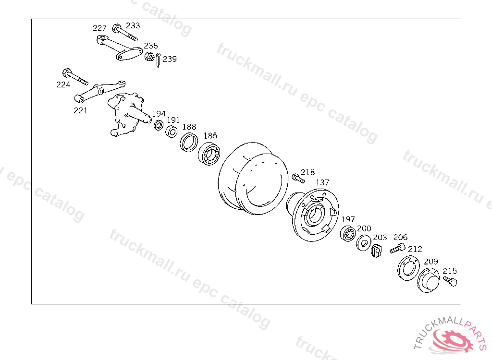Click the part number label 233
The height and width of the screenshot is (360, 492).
point(133,25)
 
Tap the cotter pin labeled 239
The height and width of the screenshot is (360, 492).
point(159,60)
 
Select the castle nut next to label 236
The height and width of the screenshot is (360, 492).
point(149,57)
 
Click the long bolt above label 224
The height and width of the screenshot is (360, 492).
point(75,76)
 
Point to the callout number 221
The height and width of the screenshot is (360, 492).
point(81,110)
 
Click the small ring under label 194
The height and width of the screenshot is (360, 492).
point(159,125)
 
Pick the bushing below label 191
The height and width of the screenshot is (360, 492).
point(172,132)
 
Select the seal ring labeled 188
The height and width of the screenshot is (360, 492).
point(189,143)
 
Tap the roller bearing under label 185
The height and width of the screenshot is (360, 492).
point(209,154)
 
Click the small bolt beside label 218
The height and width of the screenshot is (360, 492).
point(298,179)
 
